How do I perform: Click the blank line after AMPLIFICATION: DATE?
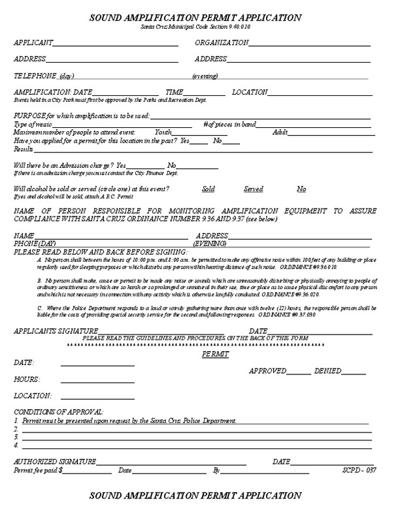click(125, 92)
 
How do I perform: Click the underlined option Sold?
click(208, 189)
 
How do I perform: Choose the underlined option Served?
click(253, 189)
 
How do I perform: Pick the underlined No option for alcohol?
click(301, 189)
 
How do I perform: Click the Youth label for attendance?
click(163, 133)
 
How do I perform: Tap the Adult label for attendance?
click(280, 133)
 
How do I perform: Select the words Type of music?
click(33, 125)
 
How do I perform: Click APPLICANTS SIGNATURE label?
click(53, 331)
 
